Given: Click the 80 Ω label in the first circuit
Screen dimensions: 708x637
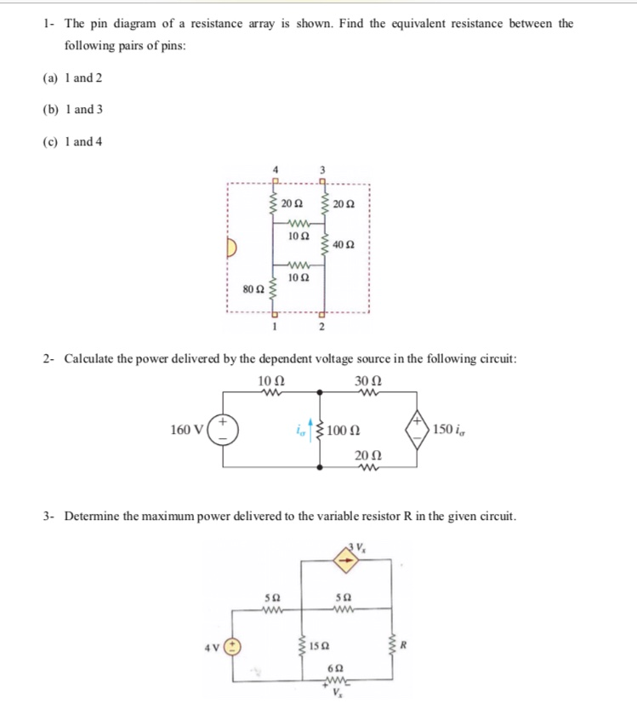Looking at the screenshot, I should coord(253,289).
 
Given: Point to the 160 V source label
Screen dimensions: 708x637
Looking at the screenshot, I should coord(185,429).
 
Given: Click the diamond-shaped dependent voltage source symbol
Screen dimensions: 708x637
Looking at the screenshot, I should coord(418,429).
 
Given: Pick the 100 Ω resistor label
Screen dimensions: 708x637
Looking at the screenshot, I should coord(350,429).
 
